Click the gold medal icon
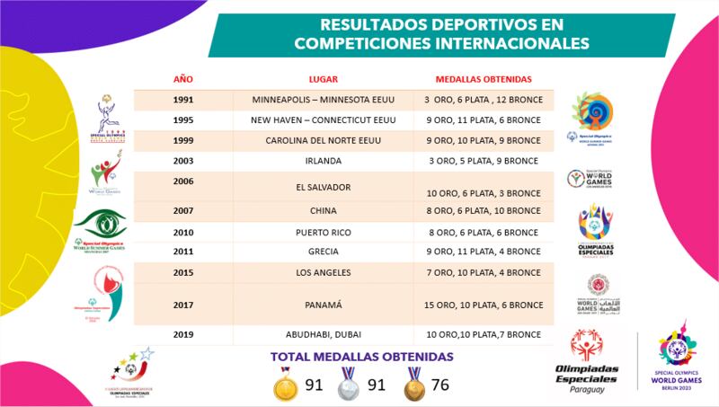point(284,384)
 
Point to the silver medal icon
point(348,384)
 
